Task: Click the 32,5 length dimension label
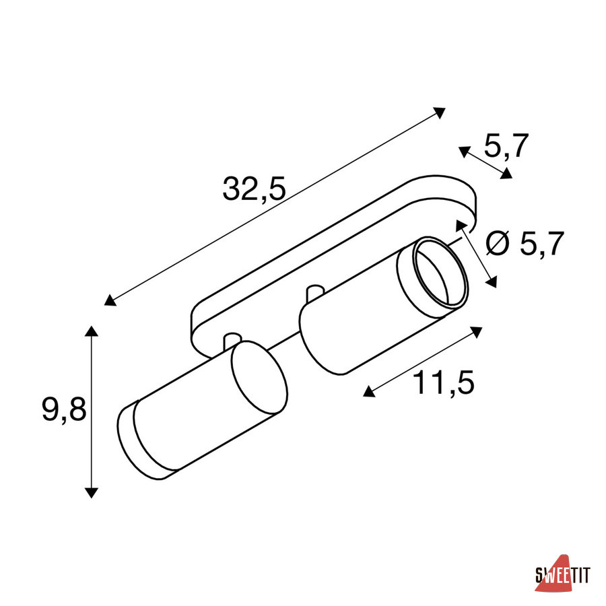coord(254,189)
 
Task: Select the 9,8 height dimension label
coord(64,409)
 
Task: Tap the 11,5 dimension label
coord(443,382)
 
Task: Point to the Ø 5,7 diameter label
coord(525,244)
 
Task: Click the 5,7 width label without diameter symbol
coord(506,146)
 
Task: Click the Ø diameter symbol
coord(498,244)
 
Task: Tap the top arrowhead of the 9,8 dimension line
coord(91,331)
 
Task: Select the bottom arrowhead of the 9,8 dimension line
coord(91,493)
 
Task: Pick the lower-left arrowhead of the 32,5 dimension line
coord(110,300)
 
